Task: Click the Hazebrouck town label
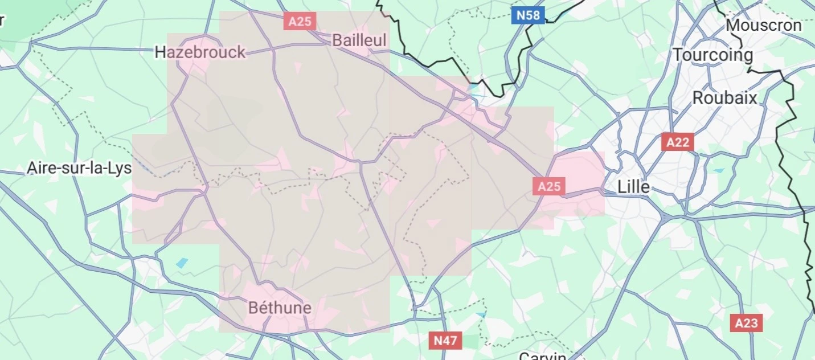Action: click(x=200, y=52)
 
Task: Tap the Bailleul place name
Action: click(x=359, y=40)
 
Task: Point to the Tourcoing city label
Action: click(x=712, y=55)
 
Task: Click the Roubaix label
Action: click(x=724, y=98)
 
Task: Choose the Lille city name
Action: click(x=634, y=187)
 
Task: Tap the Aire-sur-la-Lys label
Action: click(x=79, y=169)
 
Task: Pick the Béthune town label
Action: click(x=280, y=308)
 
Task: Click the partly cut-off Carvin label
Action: click(x=542, y=356)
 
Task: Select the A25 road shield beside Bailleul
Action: click(x=300, y=22)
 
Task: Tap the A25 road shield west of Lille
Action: click(x=549, y=186)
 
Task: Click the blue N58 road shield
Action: click(x=528, y=15)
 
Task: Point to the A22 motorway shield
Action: click(x=677, y=142)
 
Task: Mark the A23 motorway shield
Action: click(x=746, y=324)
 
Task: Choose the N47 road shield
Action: click(x=445, y=341)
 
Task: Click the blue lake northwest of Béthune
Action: click(x=182, y=263)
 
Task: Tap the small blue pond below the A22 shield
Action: click(x=719, y=170)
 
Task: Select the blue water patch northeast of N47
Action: click(x=482, y=314)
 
